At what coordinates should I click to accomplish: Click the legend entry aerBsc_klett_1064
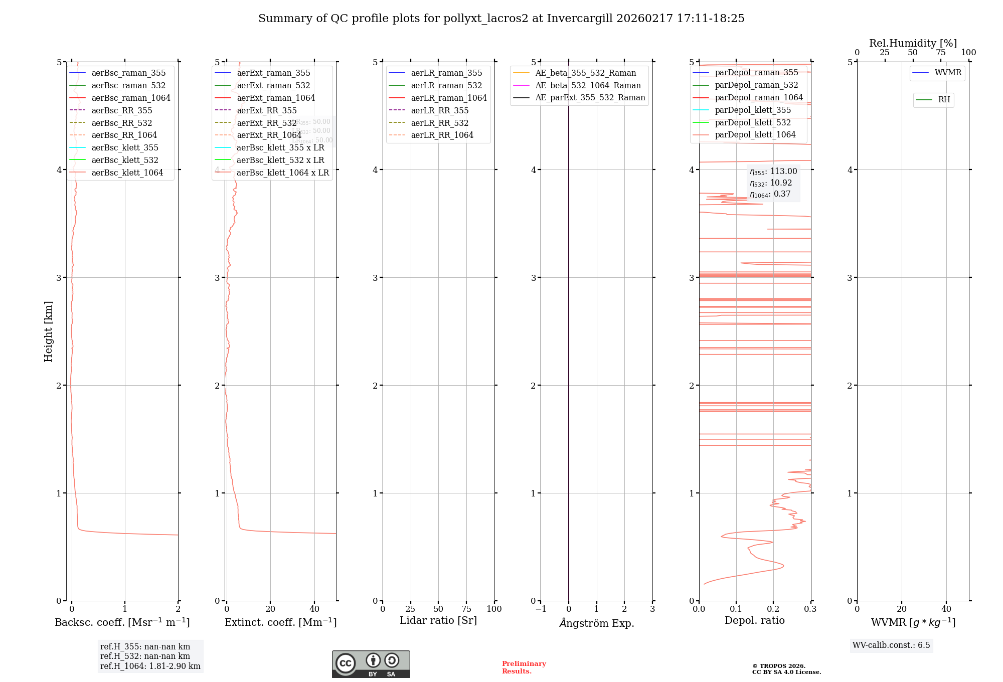pos(127,173)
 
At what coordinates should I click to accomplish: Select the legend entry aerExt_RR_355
pos(266,110)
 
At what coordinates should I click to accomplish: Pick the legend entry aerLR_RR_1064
pos(442,135)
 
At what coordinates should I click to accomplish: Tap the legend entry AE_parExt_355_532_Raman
pos(590,97)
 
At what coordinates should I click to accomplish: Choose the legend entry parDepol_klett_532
pos(752,122)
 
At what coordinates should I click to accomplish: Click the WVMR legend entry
pos(947,73)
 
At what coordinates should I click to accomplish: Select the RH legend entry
pos(943,100)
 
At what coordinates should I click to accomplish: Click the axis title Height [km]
pos(48,331)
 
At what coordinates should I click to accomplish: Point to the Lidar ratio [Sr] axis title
pos(438,620)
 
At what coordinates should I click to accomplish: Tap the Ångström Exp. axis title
pos(596,623)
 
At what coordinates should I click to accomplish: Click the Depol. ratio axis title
pos(754,620)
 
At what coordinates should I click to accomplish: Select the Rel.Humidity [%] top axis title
pos(913,43)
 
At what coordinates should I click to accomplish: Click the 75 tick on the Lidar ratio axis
pos(466,609)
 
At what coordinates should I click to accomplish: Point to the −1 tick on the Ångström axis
pos(541,609)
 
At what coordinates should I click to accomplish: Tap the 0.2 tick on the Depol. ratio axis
pos(773,609)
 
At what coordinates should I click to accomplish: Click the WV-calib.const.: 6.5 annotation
pos(891,645)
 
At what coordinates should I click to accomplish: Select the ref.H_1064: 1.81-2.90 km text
pos(150,666)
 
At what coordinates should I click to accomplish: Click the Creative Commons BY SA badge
pos(371,664)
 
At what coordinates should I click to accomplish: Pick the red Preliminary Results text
pos(524,667)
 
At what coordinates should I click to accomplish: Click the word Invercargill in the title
pos(579,19)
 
